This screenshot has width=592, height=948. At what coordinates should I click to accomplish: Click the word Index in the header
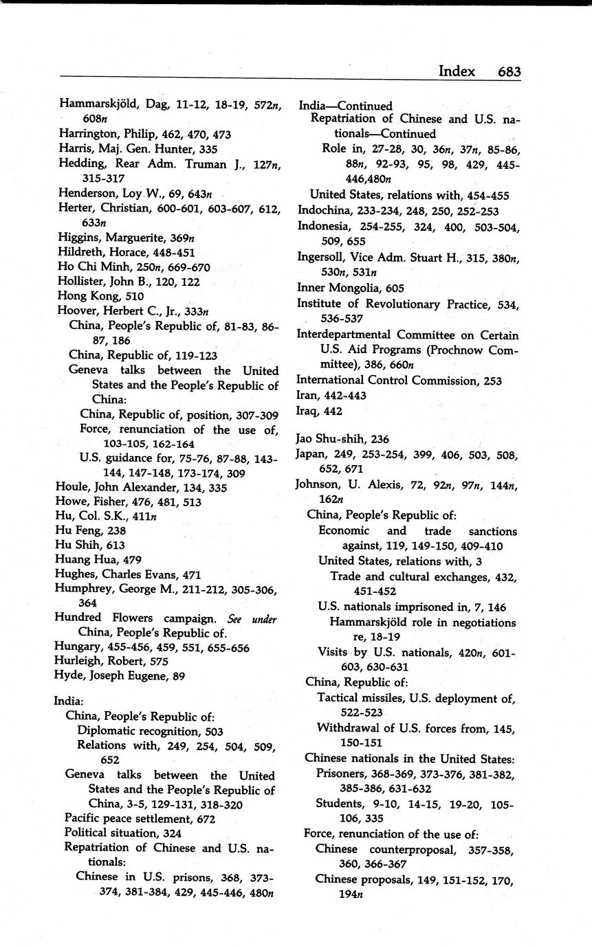pyautogui.click(x=457, y=71)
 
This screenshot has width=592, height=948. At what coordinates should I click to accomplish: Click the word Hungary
pyautogui.click(x=77, y=648)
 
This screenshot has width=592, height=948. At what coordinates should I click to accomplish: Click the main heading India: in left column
pyautogui.click(x=69, y=701)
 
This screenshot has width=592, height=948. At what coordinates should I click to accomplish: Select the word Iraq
pyautogui.click(x=308, y=411)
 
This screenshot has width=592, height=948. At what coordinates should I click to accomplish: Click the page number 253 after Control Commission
pyautogui.click(x=492, y=380)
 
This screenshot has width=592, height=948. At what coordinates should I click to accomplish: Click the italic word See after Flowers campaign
pyautogui.click(x=234, y=618)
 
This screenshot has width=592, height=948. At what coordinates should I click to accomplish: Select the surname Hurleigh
pyautogui.click(x=79, y=662)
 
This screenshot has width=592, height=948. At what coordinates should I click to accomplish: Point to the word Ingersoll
pyautogui.click(x=322, y=257)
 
